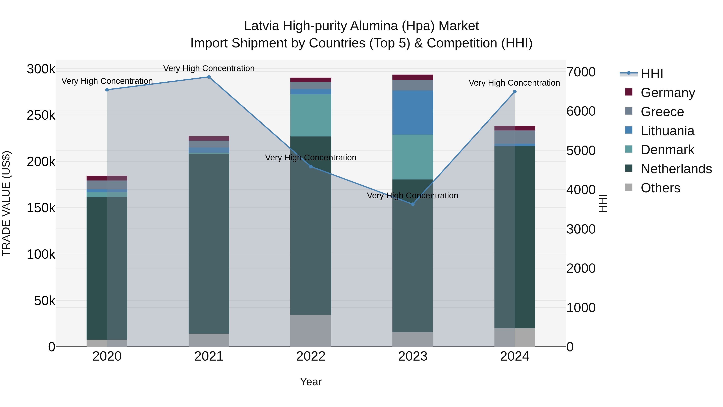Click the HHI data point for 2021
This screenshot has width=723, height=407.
pyautogui.click(x=209, y=77)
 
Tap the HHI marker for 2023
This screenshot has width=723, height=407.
pyautogui.click(x=413, y=204)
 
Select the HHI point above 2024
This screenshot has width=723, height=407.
pyautogui.click(x=515, y=92)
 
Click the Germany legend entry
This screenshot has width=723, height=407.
pyautogui.click(x=668, y=93)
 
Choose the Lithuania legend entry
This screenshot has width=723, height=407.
pyautogui.click(x=667, y=131)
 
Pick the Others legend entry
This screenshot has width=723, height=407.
pyautogui.click(x=660, y=188)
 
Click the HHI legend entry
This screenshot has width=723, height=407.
pyautogui.click(x=652, y=74)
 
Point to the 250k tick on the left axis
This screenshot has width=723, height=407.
pyautogui.click(x=41, y=115)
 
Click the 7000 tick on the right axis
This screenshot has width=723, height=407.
pyautogui.click(x=581, y=72)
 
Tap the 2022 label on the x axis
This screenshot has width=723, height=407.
pyautogui.click(x=311, y=356)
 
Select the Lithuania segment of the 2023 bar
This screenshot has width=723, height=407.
pyautogui.click(x=413, y=112)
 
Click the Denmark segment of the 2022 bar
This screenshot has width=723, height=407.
pyautogui.click(x=311, y=115)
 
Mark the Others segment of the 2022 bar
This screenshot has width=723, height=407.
pyautogui.click(x=311, y=331)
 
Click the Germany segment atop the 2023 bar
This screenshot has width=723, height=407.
pyautogui.click(x=413, y=77)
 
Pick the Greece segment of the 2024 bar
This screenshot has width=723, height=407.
pyautogui.click(x=515, y=137)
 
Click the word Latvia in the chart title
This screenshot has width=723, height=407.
pyautogui.click(x=261, y=26)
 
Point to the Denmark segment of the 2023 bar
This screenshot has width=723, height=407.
pyautogui.click(x=413, y=157)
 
